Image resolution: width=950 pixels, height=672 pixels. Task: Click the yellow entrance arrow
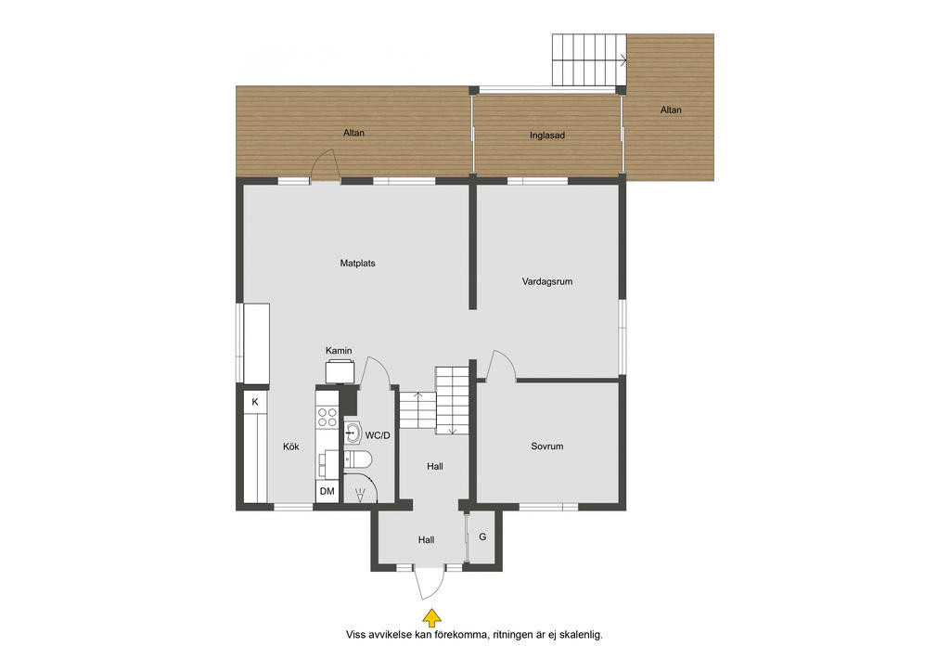pos(431,617)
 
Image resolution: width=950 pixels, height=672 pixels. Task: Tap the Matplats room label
pos(357,263)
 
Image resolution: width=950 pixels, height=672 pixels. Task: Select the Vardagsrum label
pos(547,281)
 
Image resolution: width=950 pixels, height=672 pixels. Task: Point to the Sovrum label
pos(547,446)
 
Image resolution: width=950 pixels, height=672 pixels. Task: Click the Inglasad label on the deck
pos(547,136)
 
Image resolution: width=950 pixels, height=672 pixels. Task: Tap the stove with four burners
pos(327,417)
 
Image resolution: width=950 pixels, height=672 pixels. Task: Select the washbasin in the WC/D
pos(353,433)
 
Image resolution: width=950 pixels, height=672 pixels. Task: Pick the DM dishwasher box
pos(327,491)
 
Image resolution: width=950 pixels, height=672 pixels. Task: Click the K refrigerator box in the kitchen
pos(255,402)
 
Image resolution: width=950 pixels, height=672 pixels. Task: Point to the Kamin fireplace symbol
pos(340,371)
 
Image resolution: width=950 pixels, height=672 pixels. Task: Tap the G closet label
pos(482,536)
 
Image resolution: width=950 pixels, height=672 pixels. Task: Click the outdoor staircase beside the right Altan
pos(589,59)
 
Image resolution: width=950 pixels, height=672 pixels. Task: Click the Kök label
pos(290,446)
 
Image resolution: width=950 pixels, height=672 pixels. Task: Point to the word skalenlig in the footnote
pos(581,635)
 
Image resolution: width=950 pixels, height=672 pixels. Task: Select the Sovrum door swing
pos(502,364)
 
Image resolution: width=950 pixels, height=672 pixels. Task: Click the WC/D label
pos(378,435)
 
